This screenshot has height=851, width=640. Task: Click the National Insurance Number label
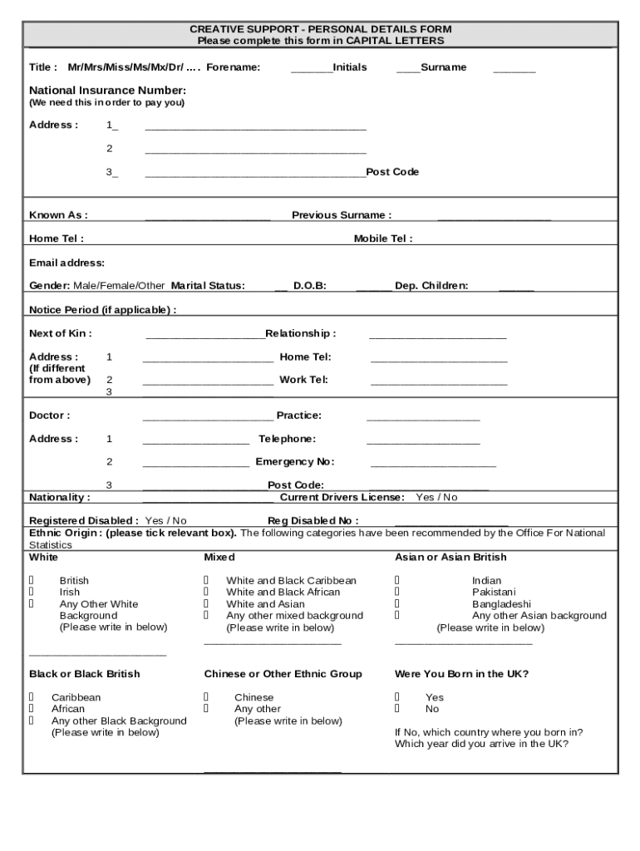(108, 90)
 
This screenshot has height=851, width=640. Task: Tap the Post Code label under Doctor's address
(295, 485)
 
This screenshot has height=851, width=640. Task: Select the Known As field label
(58, 215)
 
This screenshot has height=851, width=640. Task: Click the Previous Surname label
(342, 215)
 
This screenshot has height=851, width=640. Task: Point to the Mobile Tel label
(383, 239)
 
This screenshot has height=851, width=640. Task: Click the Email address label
(67, 263)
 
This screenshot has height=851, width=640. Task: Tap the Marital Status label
(208, 286)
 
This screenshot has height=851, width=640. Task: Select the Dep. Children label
(431, 286)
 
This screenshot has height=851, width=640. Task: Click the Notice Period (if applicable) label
(103, 310)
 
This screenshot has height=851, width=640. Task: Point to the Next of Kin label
(61, 333)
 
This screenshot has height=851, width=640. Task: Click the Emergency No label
(295, 462)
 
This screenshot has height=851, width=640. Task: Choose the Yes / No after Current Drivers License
(436, 497)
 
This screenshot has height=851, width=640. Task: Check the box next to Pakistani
(397, 593)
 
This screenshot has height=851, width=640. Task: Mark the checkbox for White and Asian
(207, 604)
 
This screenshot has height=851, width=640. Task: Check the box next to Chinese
(207, 697)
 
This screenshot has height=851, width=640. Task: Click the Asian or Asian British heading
(450, 557)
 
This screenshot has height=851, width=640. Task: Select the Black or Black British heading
(85, 674)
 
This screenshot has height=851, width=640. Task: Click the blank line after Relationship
(437, 336)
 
